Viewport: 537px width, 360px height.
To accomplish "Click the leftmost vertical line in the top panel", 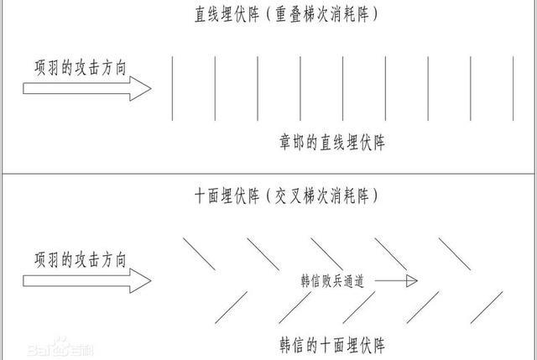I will tap(172, 87).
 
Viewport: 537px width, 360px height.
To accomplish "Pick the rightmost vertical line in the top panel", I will tap(514, 87).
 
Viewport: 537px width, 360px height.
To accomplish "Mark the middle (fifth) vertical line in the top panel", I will tap(343, 87).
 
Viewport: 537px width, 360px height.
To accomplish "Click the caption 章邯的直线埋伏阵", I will tap(331, 143).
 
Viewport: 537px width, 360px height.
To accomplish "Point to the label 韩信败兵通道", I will tap(332, 281).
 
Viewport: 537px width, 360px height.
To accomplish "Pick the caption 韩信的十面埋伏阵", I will tap(331, 344).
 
